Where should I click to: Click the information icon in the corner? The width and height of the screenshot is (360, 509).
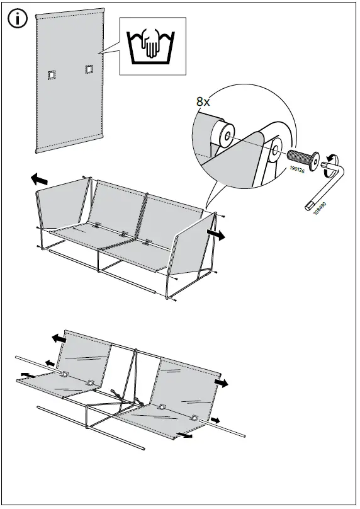tap(18, 19)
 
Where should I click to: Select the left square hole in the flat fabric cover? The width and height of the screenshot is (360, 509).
tap(51, 75)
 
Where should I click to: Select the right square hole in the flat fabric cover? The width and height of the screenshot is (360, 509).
tap(88, 68)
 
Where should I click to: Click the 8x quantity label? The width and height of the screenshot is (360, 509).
tap(204, 101)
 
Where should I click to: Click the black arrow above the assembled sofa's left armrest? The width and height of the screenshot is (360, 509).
tap(39, 180)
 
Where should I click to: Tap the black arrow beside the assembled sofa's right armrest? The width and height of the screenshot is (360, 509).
tap(215, 234)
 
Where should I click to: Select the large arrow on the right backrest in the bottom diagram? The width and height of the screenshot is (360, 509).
tap(220, 383)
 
